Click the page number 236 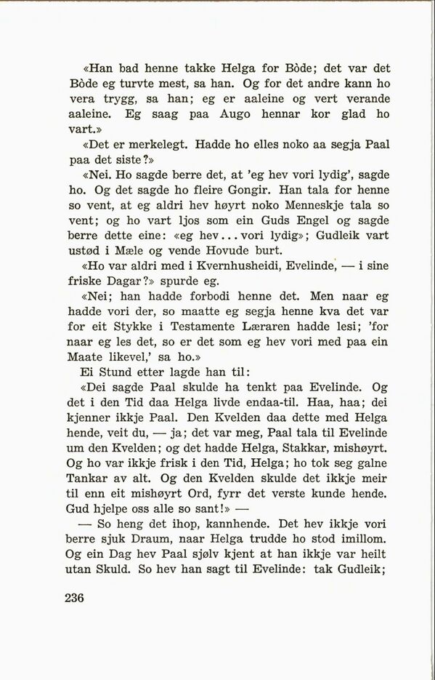tap(75, 599)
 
